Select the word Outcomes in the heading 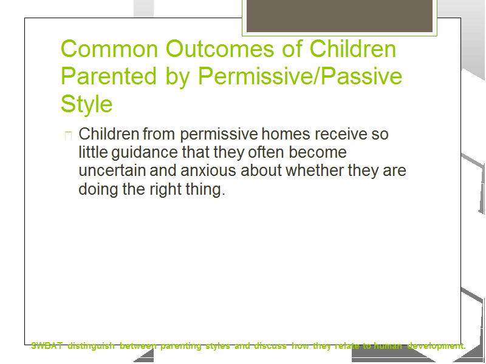[220, 49]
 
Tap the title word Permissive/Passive [300, 76]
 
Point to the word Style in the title [86, 104]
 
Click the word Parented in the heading [109, 76]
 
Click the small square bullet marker [68, 135]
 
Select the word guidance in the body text [145, 153]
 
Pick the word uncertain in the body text [112, 170]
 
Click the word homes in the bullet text [286, 134]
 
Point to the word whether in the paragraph [315, 170]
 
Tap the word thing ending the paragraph [205, 189]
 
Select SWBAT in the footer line [47, 346]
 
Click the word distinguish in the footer [91, 346]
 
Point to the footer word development [436, 346]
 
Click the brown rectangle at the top [340, 16]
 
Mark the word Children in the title [353, 49]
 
